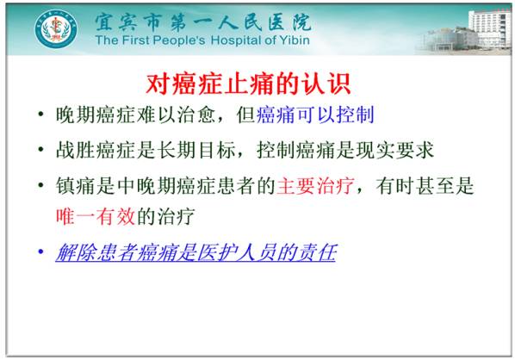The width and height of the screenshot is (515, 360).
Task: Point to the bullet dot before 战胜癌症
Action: (40, 151)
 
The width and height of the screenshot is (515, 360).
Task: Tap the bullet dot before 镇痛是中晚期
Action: (40, 185)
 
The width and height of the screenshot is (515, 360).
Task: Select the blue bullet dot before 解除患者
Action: (40, 253)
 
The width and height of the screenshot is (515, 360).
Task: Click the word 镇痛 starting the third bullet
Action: (74, 185)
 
